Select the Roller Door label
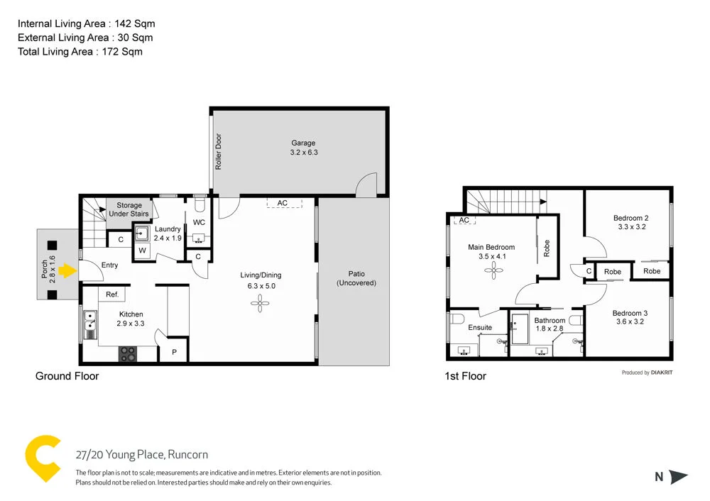[219, 151]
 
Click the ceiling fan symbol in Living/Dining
[261, 304]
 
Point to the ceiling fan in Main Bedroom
[491, 269]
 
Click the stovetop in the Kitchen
[128, 353]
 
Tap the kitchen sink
[89, 324]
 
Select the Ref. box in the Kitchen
[112, 294]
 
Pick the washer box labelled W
[142, 250]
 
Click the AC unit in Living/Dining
[283, 203]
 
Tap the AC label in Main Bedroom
[464, 221]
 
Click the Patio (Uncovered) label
[356, 278]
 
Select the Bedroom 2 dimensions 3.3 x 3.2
[631, 228]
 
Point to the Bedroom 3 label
[630, 313]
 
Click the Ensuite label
[480, 328]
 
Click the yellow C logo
[42, 460]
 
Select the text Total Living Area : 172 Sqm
[80, 51]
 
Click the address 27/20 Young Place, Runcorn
[142, 455]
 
